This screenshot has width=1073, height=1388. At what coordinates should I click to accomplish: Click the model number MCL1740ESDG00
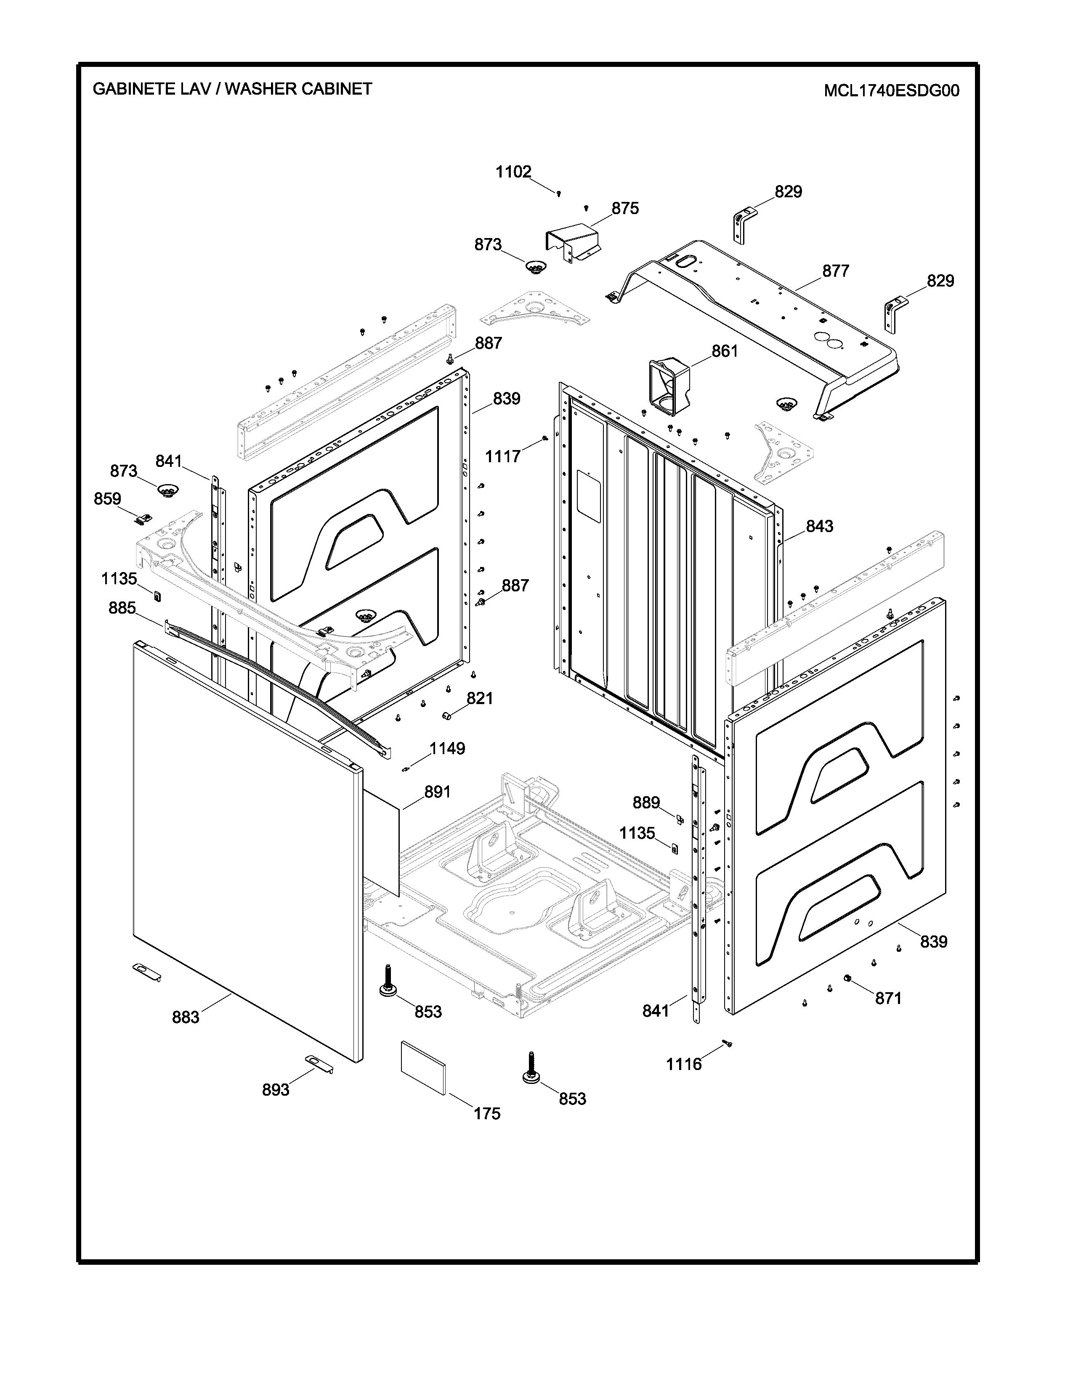(x=891, y=91)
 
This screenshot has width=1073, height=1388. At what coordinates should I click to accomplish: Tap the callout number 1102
(x=514, y=172)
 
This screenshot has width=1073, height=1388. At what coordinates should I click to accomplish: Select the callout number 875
(x=625, y=209)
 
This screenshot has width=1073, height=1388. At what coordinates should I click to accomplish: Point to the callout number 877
(x=835, y=271)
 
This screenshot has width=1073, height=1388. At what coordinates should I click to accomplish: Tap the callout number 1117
(x=503, y=456)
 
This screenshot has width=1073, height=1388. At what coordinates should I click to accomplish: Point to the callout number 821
(x=480, y=699)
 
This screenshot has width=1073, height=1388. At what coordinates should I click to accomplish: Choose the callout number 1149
(x=448, y=749)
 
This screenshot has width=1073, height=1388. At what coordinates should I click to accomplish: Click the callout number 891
(x=437, y=792)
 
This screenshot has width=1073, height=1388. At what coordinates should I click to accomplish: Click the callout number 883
(x=186, y=1017)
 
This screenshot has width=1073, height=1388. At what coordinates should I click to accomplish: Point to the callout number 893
(x=276, y=1090)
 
